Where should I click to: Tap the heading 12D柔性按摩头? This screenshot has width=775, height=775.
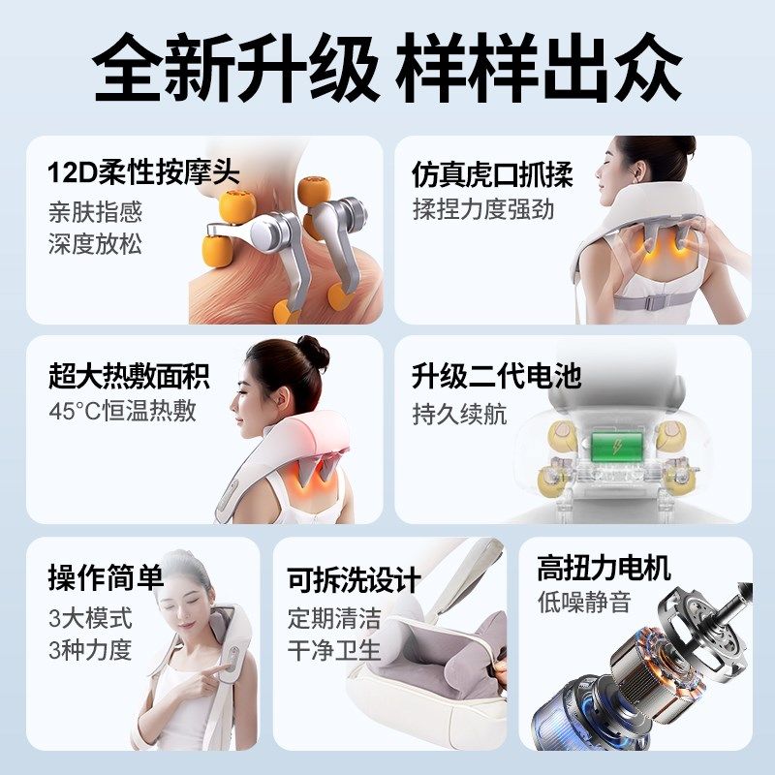(143, 173)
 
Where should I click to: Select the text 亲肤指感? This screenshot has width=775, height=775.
(95, 210)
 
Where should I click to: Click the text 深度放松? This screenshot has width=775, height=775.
(95, 243)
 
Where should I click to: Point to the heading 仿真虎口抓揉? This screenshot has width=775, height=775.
(492, 175)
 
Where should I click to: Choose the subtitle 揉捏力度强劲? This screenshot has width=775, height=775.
(482, 209)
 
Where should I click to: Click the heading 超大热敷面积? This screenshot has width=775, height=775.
(129, 375)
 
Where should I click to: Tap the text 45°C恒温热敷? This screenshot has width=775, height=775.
(122, 410)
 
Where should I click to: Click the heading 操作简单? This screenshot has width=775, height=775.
(105, 578)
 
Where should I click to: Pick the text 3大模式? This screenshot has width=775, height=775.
(89, 617)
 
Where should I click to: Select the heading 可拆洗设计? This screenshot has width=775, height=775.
(354, 580)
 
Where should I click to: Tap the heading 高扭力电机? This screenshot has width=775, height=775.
(604, 568)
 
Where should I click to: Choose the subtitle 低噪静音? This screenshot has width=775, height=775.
(583, 602)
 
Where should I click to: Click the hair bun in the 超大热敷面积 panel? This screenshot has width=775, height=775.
(313, 351)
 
